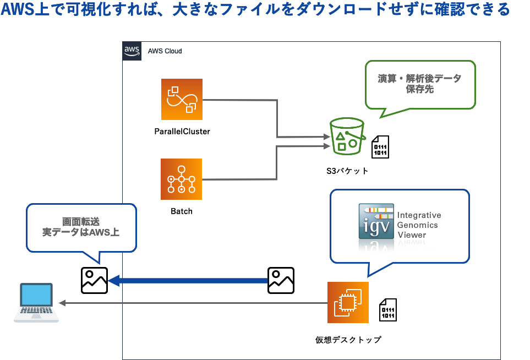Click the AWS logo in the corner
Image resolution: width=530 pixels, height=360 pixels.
[132, 51]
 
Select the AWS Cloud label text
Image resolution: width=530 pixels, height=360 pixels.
[165, 51]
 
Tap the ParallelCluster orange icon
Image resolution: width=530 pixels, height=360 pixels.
[182, 99]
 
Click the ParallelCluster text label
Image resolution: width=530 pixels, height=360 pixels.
[182, 132]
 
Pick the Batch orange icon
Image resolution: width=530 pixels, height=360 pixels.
[182, 179]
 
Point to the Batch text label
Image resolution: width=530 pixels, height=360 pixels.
[182, 211]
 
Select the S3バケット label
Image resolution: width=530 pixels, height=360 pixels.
[347, 171]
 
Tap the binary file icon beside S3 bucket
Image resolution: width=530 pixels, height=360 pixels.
[381, 147]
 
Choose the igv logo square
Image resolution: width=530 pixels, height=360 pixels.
[376, 221]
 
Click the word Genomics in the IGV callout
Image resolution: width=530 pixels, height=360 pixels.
[418, 225]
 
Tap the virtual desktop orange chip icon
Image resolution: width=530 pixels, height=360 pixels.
[348, 302]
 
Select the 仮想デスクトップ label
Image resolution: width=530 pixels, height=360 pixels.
[348, 340]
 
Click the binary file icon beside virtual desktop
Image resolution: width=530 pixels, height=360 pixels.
[388, 310]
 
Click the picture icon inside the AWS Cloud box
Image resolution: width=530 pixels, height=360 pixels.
[281, 280]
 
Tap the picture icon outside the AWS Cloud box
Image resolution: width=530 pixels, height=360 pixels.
[94, 280]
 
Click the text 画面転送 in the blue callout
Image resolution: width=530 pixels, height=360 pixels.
[81, 221]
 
